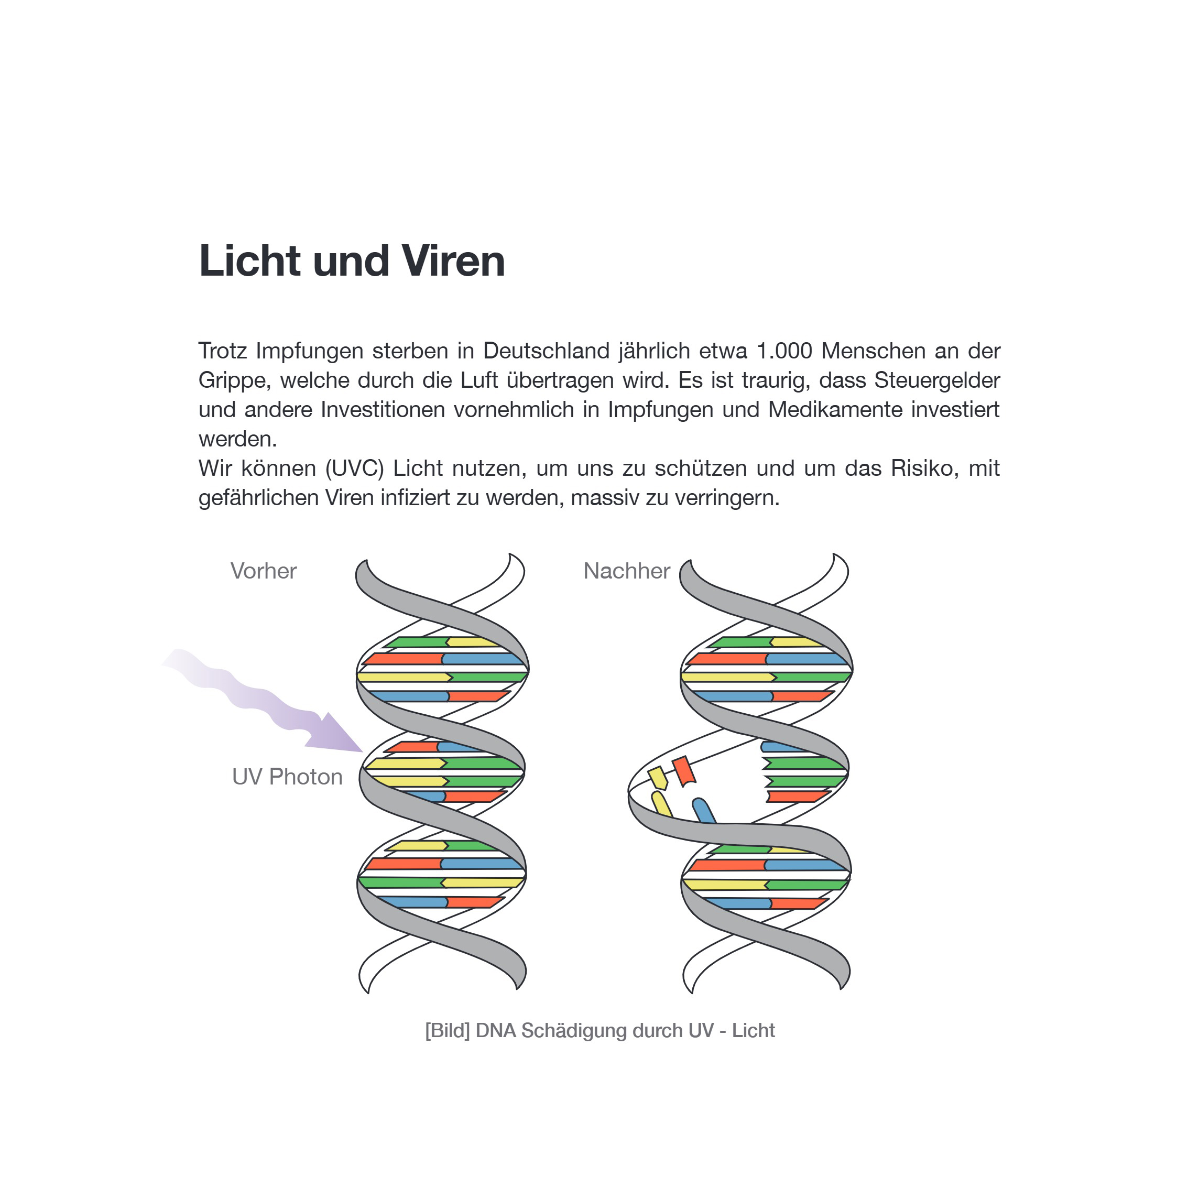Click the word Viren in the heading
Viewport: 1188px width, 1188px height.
pos(453,261)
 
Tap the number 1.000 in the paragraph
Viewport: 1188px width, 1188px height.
pos(784,351)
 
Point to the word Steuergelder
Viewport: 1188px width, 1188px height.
pos(937,380)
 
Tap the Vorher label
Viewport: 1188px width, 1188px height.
pos(263,571)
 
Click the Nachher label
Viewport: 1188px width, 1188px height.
pos(627,571)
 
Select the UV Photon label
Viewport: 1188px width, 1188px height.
pos(287,777)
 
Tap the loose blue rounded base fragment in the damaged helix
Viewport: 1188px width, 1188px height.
pos(703,811)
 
